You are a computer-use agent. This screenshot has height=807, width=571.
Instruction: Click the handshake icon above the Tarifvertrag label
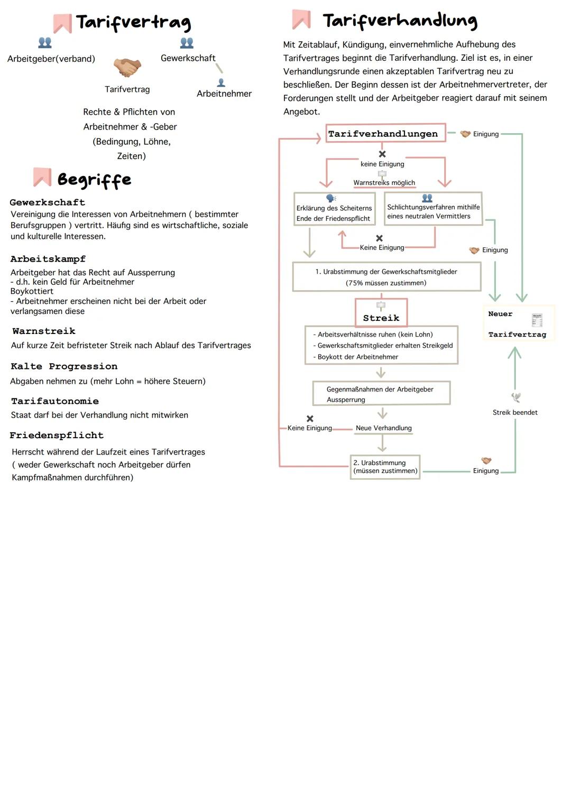point(127,68)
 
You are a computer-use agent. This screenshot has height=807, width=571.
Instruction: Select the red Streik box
point(381,313)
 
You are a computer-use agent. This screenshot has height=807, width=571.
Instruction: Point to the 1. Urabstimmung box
point(386,277)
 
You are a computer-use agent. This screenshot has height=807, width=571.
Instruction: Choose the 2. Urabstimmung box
point(385,467)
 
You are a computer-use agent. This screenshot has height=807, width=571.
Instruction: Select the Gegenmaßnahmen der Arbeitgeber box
point(381,394)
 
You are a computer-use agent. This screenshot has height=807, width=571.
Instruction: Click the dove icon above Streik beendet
point(516,397)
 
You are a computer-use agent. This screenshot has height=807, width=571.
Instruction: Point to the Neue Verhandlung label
point(383,428)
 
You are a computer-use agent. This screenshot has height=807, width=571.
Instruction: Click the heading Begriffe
point(94,180)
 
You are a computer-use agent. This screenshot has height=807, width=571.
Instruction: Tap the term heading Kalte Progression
point(64,366)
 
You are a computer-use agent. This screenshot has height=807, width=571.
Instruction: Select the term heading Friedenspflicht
point(57,435)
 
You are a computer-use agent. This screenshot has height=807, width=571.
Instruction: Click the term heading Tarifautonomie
point(55,401)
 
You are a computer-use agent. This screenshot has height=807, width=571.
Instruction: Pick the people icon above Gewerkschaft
point(187,42)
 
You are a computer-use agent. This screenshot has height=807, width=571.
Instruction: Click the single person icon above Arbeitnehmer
point(221,82)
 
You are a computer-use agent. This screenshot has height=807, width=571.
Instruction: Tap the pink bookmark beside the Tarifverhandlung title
point(301,20)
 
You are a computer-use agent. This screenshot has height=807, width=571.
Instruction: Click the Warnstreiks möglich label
point(384,183)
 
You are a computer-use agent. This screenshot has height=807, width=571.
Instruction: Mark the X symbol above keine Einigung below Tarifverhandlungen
point(382,154)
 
